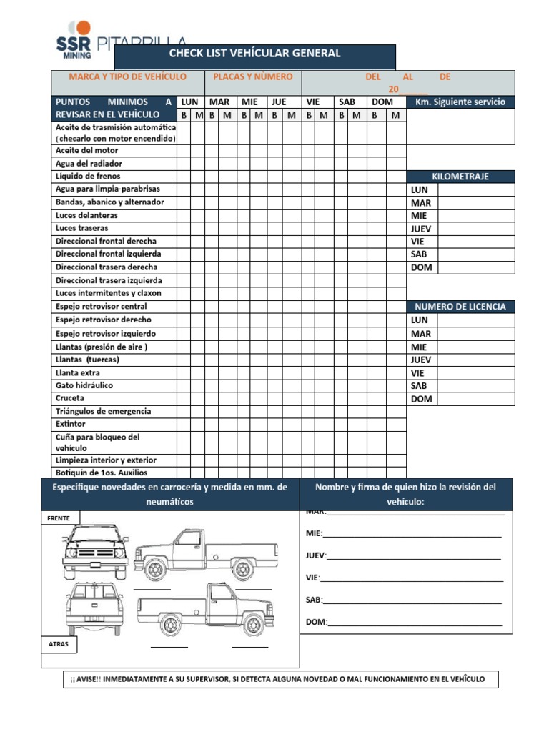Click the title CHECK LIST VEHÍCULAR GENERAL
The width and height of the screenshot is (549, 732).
tap(254, 54)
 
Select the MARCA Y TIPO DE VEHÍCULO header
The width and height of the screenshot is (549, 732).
tap(127, 76)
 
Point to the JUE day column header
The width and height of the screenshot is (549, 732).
tap(278, 102)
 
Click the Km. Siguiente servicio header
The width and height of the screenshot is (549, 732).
tap(460, 102)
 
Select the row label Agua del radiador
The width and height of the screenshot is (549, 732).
tap(89, 163)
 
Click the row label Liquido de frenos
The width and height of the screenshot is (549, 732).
tap(88, 176)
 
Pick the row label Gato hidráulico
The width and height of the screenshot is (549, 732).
tap(84, 385)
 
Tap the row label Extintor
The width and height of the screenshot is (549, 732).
tap(70, 424)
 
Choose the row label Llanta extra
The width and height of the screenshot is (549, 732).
tap(77, 372)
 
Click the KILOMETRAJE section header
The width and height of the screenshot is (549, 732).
tap(460, 177)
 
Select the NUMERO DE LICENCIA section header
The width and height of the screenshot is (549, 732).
tap(460, 307)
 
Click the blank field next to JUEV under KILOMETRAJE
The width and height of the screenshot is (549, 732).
tap(475, 229)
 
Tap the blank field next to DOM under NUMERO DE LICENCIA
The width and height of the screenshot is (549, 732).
tap(475, 399)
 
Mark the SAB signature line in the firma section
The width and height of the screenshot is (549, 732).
tap(412, 600)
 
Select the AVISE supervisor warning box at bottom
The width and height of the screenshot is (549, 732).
tap(280, 679)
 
